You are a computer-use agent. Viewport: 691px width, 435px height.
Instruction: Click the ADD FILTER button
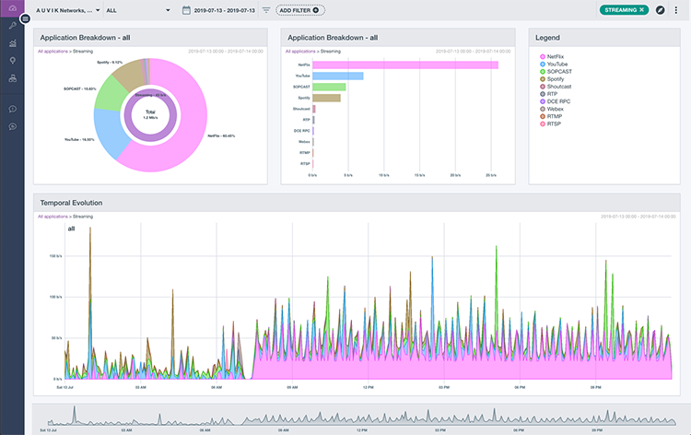(299, 10)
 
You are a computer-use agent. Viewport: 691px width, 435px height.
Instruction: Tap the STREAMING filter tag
(624, 9)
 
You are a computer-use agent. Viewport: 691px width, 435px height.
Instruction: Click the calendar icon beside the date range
(186, 10)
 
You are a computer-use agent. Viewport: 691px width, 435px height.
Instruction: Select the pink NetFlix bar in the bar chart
(405, 65)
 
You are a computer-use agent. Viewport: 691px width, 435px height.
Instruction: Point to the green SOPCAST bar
(329, 87)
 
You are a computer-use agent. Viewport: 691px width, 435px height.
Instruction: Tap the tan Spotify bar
(326, 98)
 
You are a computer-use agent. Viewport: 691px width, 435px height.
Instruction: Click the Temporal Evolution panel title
(70, 202)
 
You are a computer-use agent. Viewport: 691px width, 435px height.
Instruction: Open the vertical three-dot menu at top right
(675, 10)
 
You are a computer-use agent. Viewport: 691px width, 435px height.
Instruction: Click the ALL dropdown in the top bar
(139, 10)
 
